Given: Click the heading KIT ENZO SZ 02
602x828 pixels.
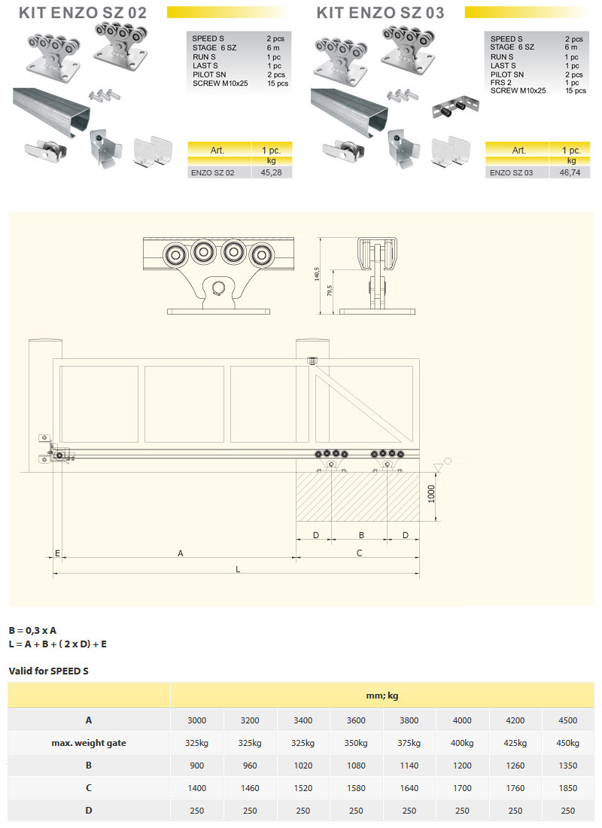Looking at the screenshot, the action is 82,13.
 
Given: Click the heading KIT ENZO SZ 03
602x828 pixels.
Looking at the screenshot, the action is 380,13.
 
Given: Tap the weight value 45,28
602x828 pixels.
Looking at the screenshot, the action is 272,172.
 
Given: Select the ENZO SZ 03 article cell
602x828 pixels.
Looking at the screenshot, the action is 511,172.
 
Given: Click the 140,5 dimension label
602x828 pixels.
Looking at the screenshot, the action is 317,273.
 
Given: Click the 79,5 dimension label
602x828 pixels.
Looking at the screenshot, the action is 330,291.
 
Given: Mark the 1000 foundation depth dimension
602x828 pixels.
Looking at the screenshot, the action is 431,494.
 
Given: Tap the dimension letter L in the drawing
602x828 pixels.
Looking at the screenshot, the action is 238,569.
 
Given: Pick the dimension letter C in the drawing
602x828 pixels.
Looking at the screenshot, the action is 359,553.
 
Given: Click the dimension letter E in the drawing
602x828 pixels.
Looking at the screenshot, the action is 57,553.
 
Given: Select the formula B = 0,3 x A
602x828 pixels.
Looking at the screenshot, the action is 33,631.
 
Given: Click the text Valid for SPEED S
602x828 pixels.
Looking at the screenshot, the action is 49,671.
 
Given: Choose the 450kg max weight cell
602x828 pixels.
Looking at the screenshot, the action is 567,743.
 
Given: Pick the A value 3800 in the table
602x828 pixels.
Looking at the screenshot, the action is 409,720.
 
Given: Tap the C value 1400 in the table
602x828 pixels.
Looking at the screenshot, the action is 197,788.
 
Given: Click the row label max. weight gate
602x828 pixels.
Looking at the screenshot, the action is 89,743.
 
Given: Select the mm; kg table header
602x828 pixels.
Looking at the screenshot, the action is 382,696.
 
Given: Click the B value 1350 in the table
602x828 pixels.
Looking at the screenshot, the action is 567,766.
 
